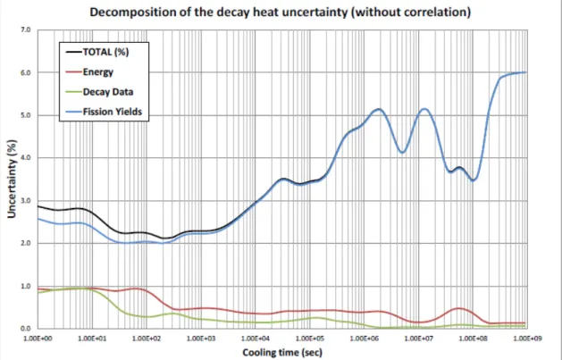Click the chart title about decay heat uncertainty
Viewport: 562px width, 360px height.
pos(280,13)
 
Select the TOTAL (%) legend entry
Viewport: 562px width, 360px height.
pos(97,52)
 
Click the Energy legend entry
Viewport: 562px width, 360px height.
pos(89,72)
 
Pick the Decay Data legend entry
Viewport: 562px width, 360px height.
pos(100,92)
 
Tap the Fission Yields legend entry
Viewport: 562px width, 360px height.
pos(104,112)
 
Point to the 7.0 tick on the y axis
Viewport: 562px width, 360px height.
pos(31,29)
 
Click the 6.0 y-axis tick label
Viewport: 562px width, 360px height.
pos(31,72)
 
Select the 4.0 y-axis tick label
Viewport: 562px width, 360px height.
pos(31,157)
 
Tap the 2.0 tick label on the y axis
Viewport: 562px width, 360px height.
pos(31,243)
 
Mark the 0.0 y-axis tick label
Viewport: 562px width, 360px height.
pos(31,329)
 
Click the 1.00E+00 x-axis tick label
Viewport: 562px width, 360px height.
pos(38,338)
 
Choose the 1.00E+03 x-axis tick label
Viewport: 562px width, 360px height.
pos(201,338)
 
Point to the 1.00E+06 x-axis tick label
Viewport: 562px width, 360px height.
pos(364,338)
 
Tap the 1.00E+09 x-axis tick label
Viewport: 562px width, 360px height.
pos(526,338)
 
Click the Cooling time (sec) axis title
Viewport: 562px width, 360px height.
pos(282,353)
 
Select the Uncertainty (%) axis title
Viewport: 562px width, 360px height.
pos(13,179)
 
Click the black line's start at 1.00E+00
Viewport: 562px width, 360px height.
pos(38,206)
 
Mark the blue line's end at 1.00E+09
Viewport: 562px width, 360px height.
pos(526,72)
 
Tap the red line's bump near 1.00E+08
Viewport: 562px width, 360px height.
pos(458,308)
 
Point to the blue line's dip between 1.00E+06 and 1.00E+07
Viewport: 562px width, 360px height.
pos(402,153)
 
